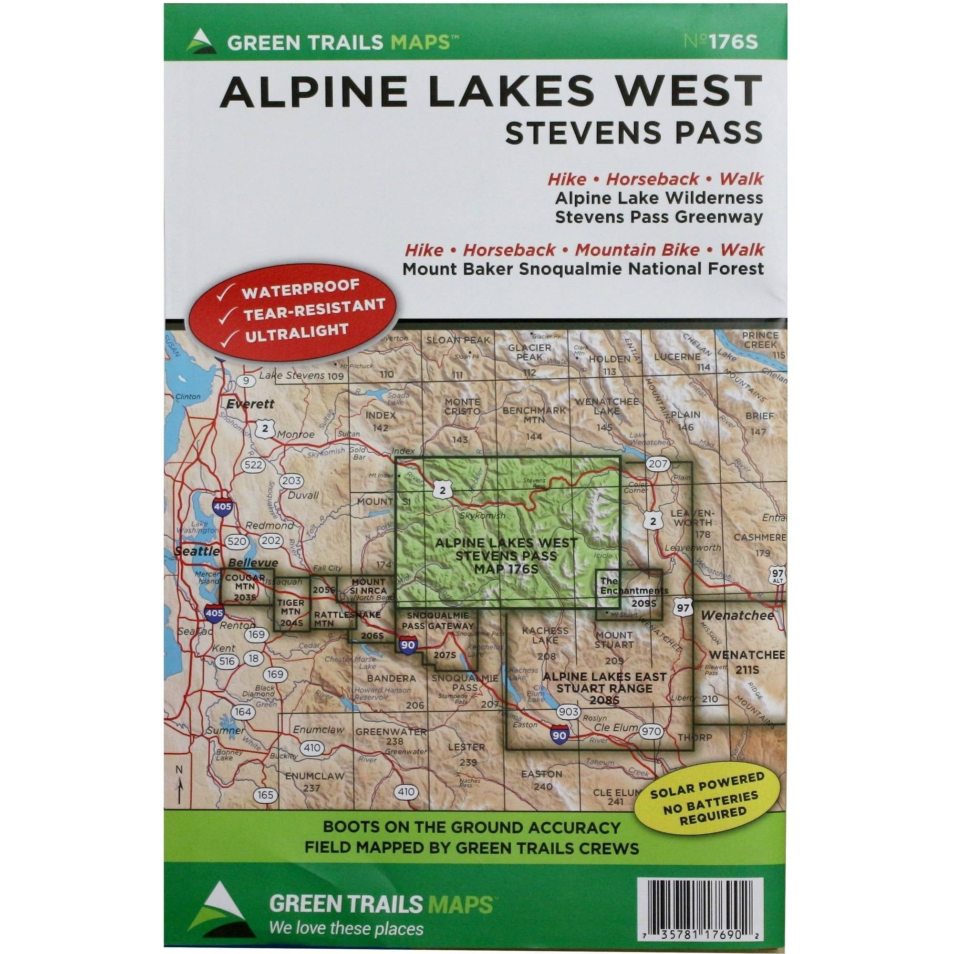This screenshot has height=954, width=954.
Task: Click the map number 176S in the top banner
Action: tap(720, 42)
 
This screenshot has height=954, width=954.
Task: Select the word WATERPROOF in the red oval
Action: tap(300, 290)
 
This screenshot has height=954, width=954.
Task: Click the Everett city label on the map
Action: tap(250, 404)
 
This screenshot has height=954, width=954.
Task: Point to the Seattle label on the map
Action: tap(197, 551)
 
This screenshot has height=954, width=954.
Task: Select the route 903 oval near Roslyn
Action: tap(567, 712)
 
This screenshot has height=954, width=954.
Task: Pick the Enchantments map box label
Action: tap(633, 586)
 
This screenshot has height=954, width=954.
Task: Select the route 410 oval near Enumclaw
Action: tap(311, 747)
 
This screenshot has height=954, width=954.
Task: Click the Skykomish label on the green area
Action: tap(482, 516)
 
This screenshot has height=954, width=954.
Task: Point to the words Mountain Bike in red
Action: tap(637, 250)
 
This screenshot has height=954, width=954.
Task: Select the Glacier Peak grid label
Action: tap(529, 352)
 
